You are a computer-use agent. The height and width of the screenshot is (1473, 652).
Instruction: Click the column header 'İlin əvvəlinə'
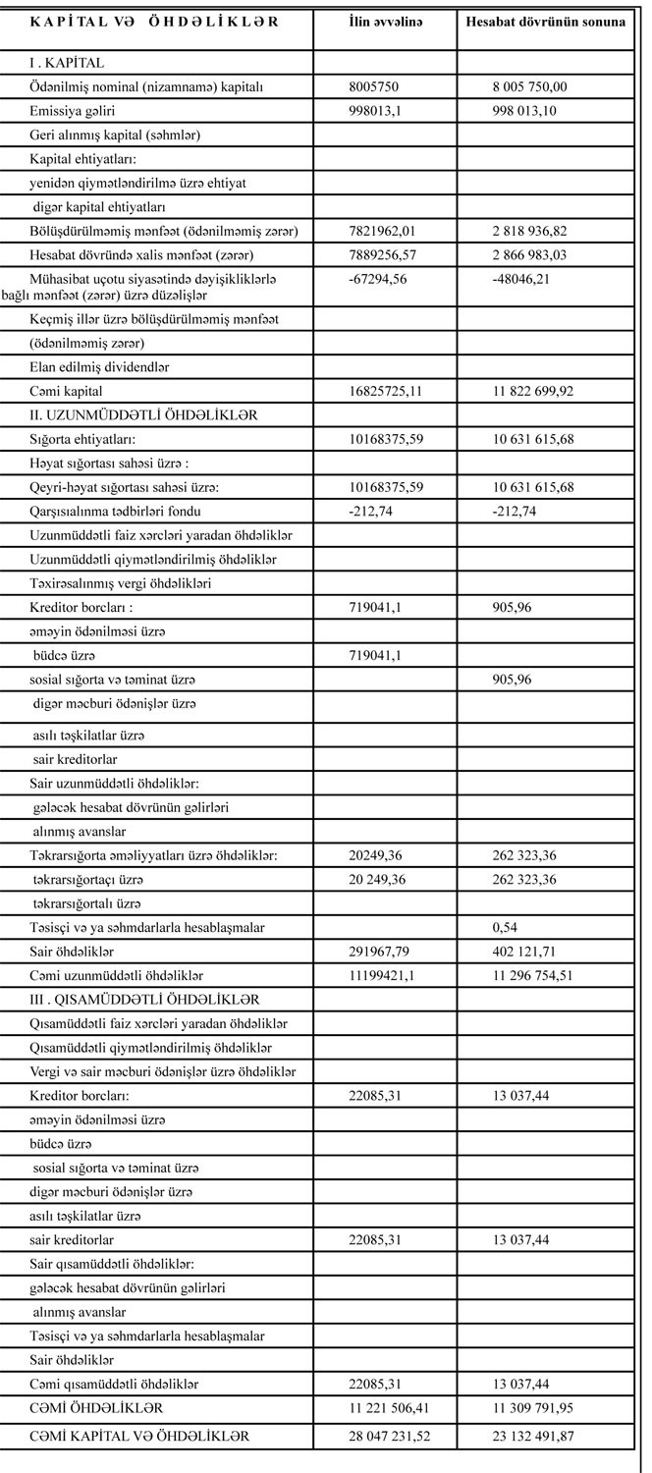[x=385, y=22]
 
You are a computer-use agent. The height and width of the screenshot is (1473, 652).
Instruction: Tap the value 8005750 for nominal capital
[x=374, y=86]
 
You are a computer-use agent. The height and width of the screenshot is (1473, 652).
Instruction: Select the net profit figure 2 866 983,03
[x=529, y=254]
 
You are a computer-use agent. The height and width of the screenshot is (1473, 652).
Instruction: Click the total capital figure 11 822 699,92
[x=533, y=391]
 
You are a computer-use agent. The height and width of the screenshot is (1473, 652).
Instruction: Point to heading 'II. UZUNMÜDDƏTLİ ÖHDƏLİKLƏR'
[x=143, y=414]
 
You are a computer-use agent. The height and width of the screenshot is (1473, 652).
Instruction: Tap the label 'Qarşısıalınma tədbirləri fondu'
[x=121, y=510]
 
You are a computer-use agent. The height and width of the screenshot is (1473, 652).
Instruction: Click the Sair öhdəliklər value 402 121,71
[x=529, y=952]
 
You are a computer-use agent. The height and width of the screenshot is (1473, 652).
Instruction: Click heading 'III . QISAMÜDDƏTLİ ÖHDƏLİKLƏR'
[x=144, y=999]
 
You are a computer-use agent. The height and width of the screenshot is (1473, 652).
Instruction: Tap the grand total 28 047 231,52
[x=389, y=1436]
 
